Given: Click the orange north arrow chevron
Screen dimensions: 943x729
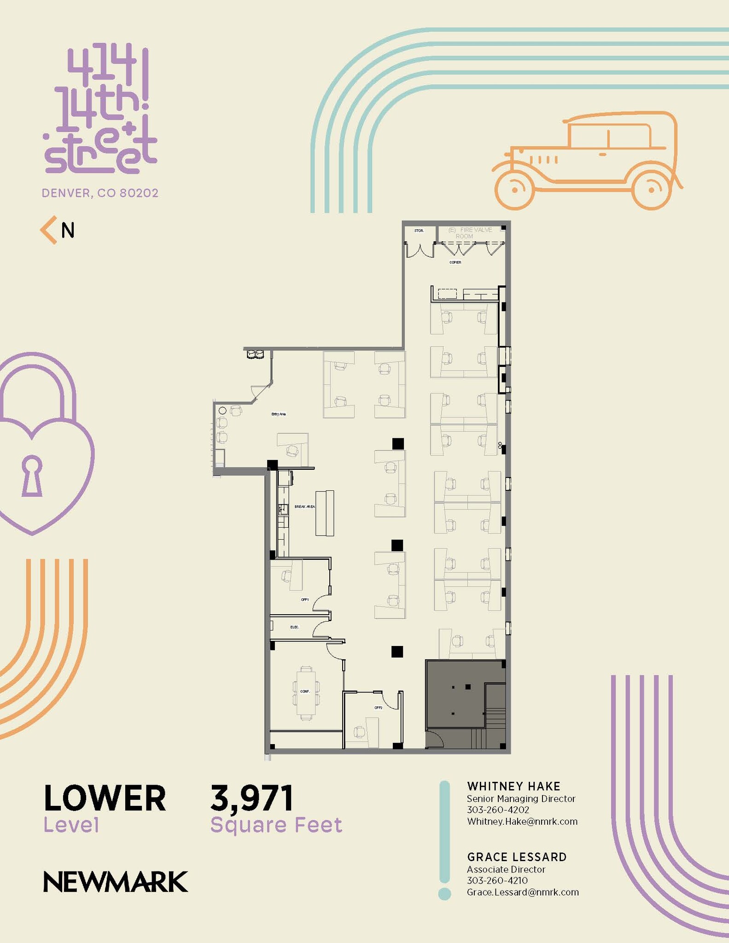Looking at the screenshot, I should point(48,230).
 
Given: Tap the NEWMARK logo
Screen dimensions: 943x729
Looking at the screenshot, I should point(115,882).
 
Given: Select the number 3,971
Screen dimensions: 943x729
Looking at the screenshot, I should point(251,798).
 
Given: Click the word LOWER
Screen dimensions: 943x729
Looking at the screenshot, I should point(105,798).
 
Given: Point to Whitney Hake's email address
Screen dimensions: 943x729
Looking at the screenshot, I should point(522,821).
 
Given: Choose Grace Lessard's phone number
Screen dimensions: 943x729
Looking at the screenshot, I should point(497,880).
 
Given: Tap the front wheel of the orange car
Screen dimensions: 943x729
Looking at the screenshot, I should point(515,189).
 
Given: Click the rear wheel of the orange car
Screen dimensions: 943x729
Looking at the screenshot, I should point(652,189).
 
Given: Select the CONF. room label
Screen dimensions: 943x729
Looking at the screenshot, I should point(305,691).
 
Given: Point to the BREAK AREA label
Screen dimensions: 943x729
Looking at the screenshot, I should point(304,506).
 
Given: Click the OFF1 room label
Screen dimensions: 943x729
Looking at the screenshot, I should point(304,600).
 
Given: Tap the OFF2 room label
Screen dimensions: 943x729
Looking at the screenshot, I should point(378,708).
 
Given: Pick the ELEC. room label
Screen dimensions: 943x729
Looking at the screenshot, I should point(295,627).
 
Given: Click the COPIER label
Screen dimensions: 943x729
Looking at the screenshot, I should point(455,262).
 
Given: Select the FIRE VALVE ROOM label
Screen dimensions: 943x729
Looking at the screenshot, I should point(470,233).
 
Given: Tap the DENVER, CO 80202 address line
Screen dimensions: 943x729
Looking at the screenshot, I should point(100,193).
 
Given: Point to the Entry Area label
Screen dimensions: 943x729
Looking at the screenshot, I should point(278,414).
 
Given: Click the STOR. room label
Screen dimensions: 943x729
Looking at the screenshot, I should point(419,231).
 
